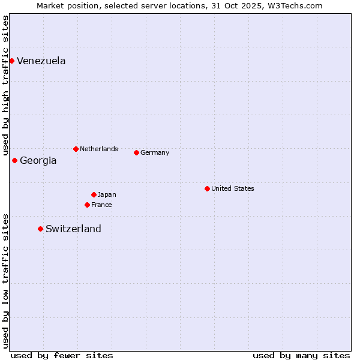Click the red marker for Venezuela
[x=11, y=61]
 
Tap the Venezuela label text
[x=41, y=61]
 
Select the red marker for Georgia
[x=14, y=160]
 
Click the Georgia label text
[x=38, y=161]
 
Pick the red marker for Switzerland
[x=40, y=229]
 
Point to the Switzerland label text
[x=73, y=229]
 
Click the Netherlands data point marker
[x=76, y=149]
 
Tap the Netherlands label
[x=99, y=149]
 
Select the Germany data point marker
[x=136, y=152]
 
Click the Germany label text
[x=155, y=152]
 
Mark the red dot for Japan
[x=94, y=194]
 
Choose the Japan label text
[x=107, y=194]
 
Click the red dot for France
[x=87, y=205]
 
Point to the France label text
[x=101, y=205]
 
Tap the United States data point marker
[x=207, y=188]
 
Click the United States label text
[x=233, y=188]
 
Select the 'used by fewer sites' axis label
[x=62, y=355]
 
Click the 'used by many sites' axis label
[x=301, y=355]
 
